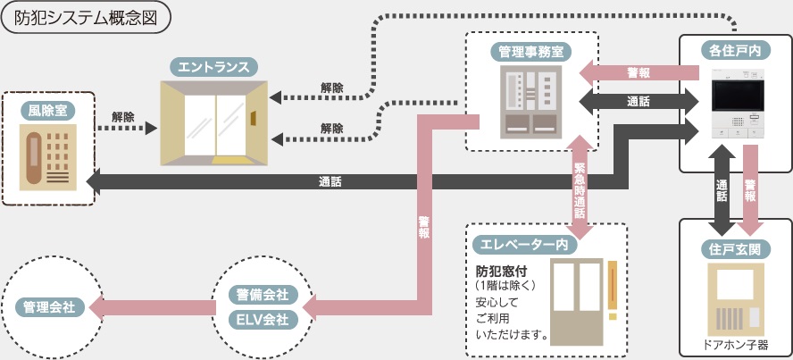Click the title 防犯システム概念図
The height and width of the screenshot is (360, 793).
point(86,20)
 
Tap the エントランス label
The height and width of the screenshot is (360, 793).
point(213,67)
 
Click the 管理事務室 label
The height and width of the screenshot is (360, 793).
point(531,51)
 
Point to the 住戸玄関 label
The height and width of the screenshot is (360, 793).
point(735,248)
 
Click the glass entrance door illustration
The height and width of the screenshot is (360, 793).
point(214,123)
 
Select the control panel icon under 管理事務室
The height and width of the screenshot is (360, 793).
point(531,102)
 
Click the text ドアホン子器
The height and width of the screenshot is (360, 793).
point(736,346)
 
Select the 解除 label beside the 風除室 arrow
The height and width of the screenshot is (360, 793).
point(123,117)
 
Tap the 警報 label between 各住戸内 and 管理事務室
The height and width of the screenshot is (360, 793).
point(639,73)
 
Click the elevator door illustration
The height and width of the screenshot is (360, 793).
point(577,302)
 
